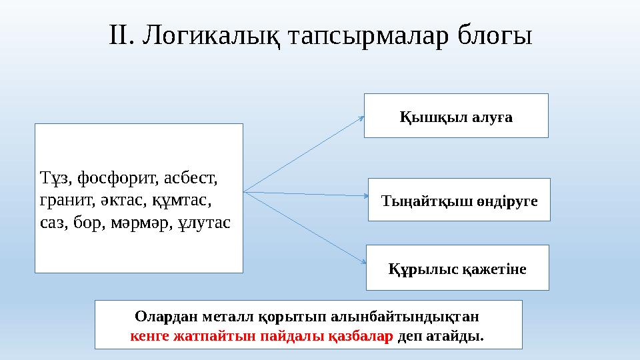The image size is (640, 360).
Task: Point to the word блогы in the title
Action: pos(494,36)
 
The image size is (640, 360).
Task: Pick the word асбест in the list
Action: pos(191,178)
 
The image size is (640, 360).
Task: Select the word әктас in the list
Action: pos(123,201)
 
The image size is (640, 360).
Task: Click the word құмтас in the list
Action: pos(181,201)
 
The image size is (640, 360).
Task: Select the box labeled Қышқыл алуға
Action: pos(456,115)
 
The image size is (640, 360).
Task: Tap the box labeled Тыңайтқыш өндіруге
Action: pos(459,199)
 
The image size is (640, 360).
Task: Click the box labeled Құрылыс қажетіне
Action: pos(457,267)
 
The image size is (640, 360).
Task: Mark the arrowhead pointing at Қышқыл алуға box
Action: pos(361,119)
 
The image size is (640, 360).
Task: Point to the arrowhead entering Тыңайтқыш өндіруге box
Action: pos(366,196)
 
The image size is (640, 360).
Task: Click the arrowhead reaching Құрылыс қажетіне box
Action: pos(364,261)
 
